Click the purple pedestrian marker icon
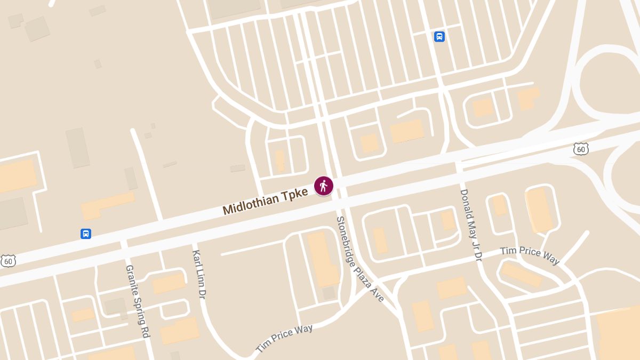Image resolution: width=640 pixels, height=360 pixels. (x=323, y=186)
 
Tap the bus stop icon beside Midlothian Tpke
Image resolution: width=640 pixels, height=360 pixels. (x=86, y=234)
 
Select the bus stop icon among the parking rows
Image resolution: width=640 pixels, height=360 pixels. (x=439, y=36)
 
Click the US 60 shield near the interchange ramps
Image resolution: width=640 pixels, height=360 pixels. (x=581, y=149)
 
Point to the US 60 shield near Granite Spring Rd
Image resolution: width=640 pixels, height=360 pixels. (x=8, y=261)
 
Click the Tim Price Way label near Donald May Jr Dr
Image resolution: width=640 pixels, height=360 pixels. (x=530, y=255)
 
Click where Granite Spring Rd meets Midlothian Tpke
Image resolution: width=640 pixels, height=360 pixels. (x=124, y=245)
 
